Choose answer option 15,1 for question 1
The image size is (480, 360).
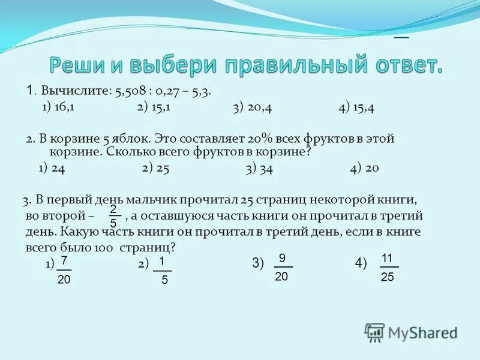(x=158, y=107)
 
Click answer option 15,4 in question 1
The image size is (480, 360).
(x=359, y=107)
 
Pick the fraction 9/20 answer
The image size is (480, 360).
(x=281, y=266)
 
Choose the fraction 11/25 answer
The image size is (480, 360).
(x=388, y=268)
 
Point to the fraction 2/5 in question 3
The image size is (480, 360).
(x=113, y=215)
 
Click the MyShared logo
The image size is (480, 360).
(x=411, y=332)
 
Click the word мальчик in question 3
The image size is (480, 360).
(x=162, y=200)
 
